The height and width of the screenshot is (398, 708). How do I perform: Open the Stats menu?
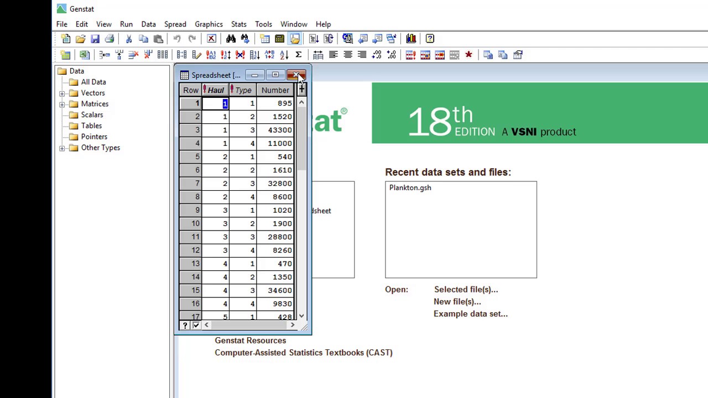pos(238,24)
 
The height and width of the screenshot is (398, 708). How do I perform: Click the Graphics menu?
pos(209,24)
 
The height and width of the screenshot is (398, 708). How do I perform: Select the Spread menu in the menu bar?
pos(175,24)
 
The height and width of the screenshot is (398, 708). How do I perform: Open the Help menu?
pos(323,24)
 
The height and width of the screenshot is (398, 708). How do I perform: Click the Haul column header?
pos(216,90)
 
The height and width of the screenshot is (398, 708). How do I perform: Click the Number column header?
pos(275,90)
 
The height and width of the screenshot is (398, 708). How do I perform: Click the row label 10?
pos(191,223)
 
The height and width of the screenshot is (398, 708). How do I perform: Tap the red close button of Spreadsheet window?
pos(296,75)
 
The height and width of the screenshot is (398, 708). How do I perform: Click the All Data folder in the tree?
pos(93,82)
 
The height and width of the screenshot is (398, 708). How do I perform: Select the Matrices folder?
pos(95,104)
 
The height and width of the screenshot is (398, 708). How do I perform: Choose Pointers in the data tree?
pos(94,137)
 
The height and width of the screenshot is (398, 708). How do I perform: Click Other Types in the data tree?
pos(100,148)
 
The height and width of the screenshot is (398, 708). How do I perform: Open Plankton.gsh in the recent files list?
pos(410,188)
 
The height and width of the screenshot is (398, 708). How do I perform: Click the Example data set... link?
pos(470,314)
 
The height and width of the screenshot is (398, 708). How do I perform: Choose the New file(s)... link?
pos(457,302)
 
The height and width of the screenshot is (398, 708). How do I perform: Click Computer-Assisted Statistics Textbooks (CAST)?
pos(303,353)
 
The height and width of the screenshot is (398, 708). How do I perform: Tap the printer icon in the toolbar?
pos(110,39)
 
